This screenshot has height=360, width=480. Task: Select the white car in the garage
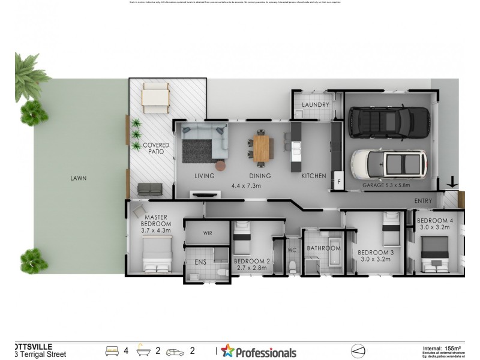point(389,163)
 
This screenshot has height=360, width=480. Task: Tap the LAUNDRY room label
point(316,105)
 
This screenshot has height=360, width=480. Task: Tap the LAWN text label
point(78,178)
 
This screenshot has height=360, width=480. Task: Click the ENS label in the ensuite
point(200,262)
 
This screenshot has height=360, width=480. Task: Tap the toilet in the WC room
point(292,266)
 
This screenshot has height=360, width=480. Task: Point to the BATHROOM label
point(323,248)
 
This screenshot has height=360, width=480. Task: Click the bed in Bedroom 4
point(435,253)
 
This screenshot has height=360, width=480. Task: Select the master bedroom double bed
point(157,254)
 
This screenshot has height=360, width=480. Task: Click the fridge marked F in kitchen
point(338,181)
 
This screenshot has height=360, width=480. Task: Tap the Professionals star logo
point(227,350)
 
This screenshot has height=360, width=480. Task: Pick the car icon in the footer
point(176,350)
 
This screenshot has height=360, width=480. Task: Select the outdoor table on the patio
point(155,97)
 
